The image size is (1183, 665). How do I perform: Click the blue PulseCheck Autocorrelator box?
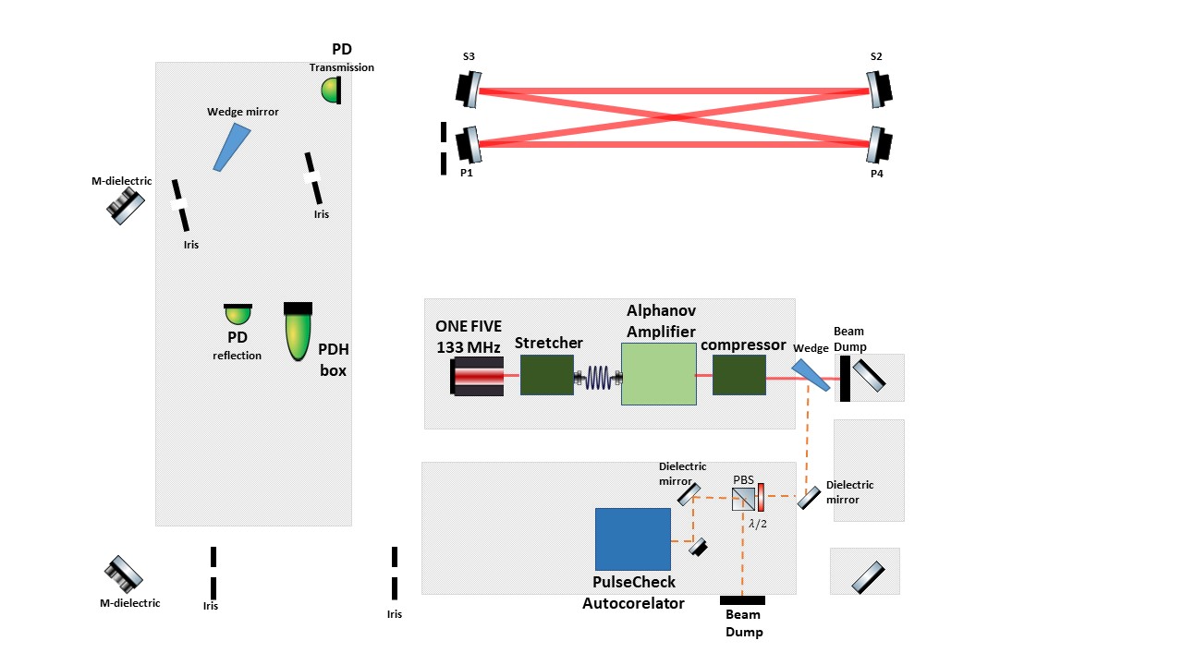pyautogui.click(x=633, y=538)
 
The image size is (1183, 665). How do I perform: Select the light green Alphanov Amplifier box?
pyautogui.click(x=658, y=374)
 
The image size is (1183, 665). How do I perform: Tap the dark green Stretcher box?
pyautogui.click(x=547, y=375)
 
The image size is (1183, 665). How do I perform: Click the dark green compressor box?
pyautogui.click(x=738, y=375)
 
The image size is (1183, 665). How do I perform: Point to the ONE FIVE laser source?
pyautogui.click(x=478, y=377)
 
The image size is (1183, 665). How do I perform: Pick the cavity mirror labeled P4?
pyautogui.click(x=880, y=145)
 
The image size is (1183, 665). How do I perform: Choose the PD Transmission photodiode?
pyautogui.click(x=332, y=90)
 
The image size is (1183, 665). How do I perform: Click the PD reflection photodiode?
pyautogui.click(x=238, y=315)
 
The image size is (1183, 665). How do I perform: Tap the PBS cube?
pyautogui.click(x=742, y=500)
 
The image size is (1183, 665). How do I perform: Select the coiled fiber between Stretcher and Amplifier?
pyautogui.click(x=598, y=376)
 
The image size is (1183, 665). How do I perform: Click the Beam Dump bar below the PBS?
pyautogui.click(x=742, y=600)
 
